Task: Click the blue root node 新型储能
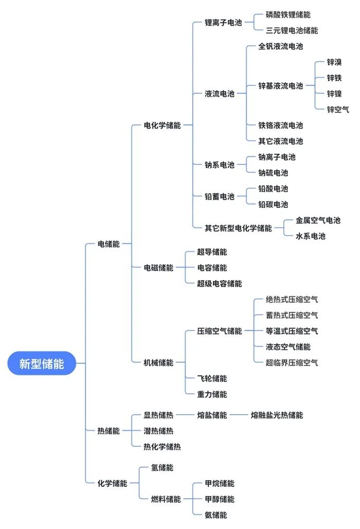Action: click(42, 363)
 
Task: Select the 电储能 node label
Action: click(109, 244)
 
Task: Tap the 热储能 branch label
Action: click(109, 431)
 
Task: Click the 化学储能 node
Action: click(112, 483)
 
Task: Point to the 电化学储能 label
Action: click(162, 125)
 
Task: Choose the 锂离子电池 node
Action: click(223, 23)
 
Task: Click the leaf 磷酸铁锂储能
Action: click(288, 15)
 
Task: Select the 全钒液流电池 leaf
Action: click(281, 46)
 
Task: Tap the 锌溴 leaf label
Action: click(334, 62)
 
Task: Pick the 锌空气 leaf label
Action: click(338, 109)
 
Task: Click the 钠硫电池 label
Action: click(273, 173)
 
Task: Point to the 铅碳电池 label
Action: click(273, 204)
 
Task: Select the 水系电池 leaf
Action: click(311, 236)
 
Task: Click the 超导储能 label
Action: click(212, 252)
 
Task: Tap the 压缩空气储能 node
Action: click(220, 331)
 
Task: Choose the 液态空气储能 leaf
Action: click(288, 347)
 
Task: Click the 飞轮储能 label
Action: click(212, 378)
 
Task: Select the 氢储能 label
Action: click(162, 468)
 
